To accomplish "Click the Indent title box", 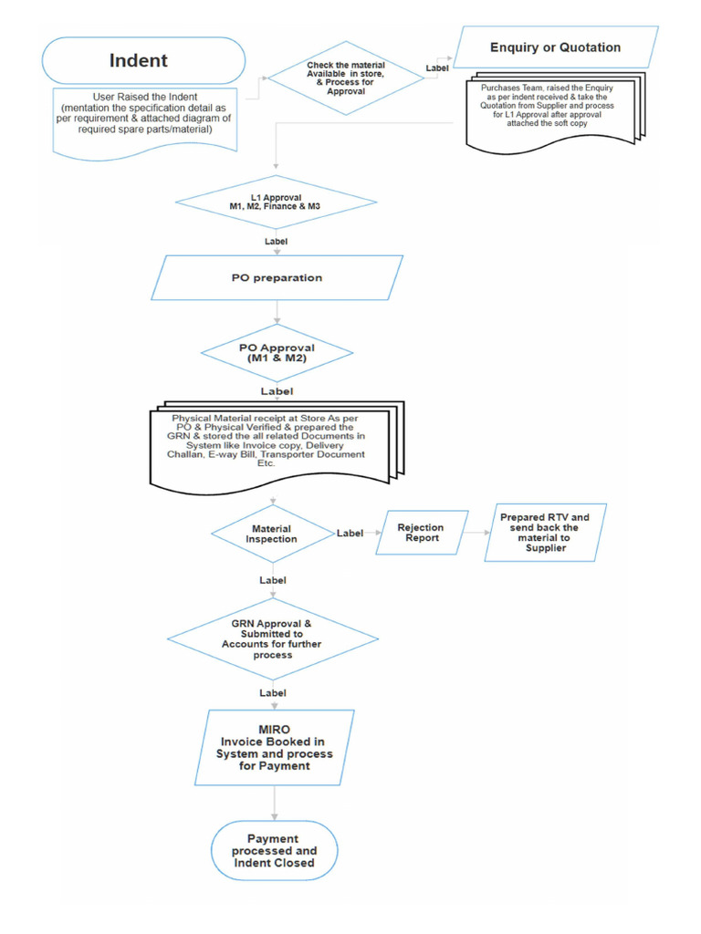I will [144, 61].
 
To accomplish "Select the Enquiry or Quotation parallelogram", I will [555, 47].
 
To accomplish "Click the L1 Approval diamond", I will [275, 202].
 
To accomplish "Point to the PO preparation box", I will [277, 277].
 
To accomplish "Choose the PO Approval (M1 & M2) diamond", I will [277, 353].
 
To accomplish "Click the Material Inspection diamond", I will [271, 534].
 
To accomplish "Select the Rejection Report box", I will [421, 533].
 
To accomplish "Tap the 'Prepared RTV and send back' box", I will [545, 532].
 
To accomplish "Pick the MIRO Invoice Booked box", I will [274, 748].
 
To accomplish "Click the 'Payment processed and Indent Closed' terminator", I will [274, 850].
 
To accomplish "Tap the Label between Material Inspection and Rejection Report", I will [350, 534].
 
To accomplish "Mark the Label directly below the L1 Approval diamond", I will [276, 242].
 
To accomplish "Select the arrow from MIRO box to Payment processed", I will [275, 803].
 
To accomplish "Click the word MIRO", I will [274, 730].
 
